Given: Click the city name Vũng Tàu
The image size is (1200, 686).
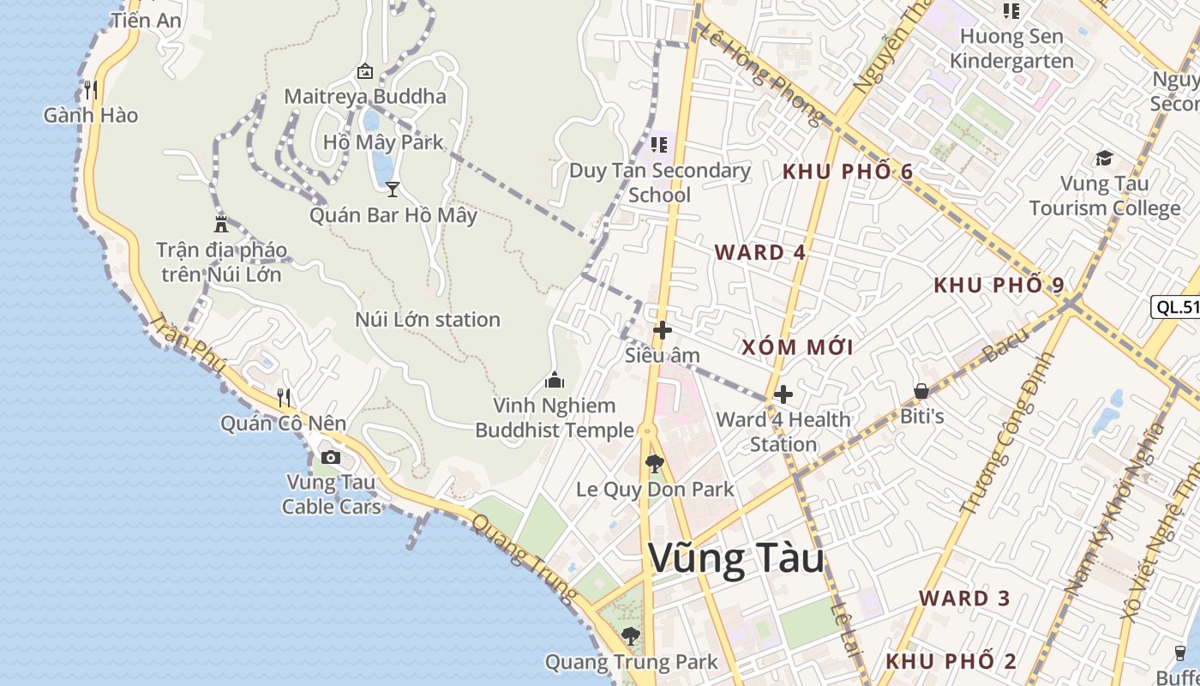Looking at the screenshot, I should [736, 559].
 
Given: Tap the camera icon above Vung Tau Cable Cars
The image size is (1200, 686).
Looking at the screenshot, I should [331, 458].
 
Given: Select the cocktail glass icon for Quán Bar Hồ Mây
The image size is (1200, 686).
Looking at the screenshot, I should [393, 189].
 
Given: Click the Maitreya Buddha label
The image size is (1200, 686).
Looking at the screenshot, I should [365, 96].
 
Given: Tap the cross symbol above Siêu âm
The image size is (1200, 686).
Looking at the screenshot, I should [662, 330].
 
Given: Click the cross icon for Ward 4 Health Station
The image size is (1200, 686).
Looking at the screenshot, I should [783, 394].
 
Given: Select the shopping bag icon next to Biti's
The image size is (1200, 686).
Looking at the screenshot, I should [921, 391].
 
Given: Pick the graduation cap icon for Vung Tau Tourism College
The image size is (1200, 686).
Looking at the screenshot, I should [1104, 158].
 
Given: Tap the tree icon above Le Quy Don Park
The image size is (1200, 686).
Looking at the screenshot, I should [655, 464].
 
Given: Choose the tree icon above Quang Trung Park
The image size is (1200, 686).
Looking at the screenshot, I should [631, 636].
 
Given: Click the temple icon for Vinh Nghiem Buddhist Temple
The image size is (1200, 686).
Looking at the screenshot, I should [555, 379].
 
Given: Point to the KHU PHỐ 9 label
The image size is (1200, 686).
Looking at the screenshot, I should [999, 285].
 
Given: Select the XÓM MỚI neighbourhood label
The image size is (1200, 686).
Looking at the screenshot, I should [797, 346].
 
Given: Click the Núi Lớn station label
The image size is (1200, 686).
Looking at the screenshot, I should [428, 320].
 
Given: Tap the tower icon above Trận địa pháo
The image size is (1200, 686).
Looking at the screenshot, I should [221, 225].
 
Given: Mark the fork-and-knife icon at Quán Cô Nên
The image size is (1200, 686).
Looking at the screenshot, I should [284, 397].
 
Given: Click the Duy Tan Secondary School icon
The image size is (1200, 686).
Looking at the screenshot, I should [658, 144].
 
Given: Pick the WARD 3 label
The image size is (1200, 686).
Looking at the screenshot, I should [965, 599].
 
